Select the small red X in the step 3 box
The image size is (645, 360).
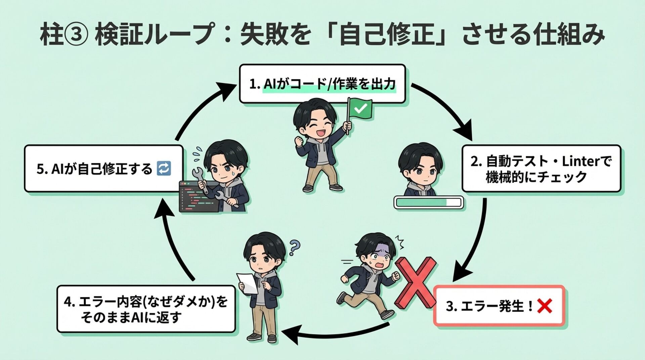544,306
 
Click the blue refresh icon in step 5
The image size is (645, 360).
164,169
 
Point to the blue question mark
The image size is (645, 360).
294,248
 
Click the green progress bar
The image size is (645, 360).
428,203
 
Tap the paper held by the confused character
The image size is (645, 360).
247,283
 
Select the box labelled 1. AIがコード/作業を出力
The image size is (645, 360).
322,84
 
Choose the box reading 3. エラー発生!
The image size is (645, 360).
499,306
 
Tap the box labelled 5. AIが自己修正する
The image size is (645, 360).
103,169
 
